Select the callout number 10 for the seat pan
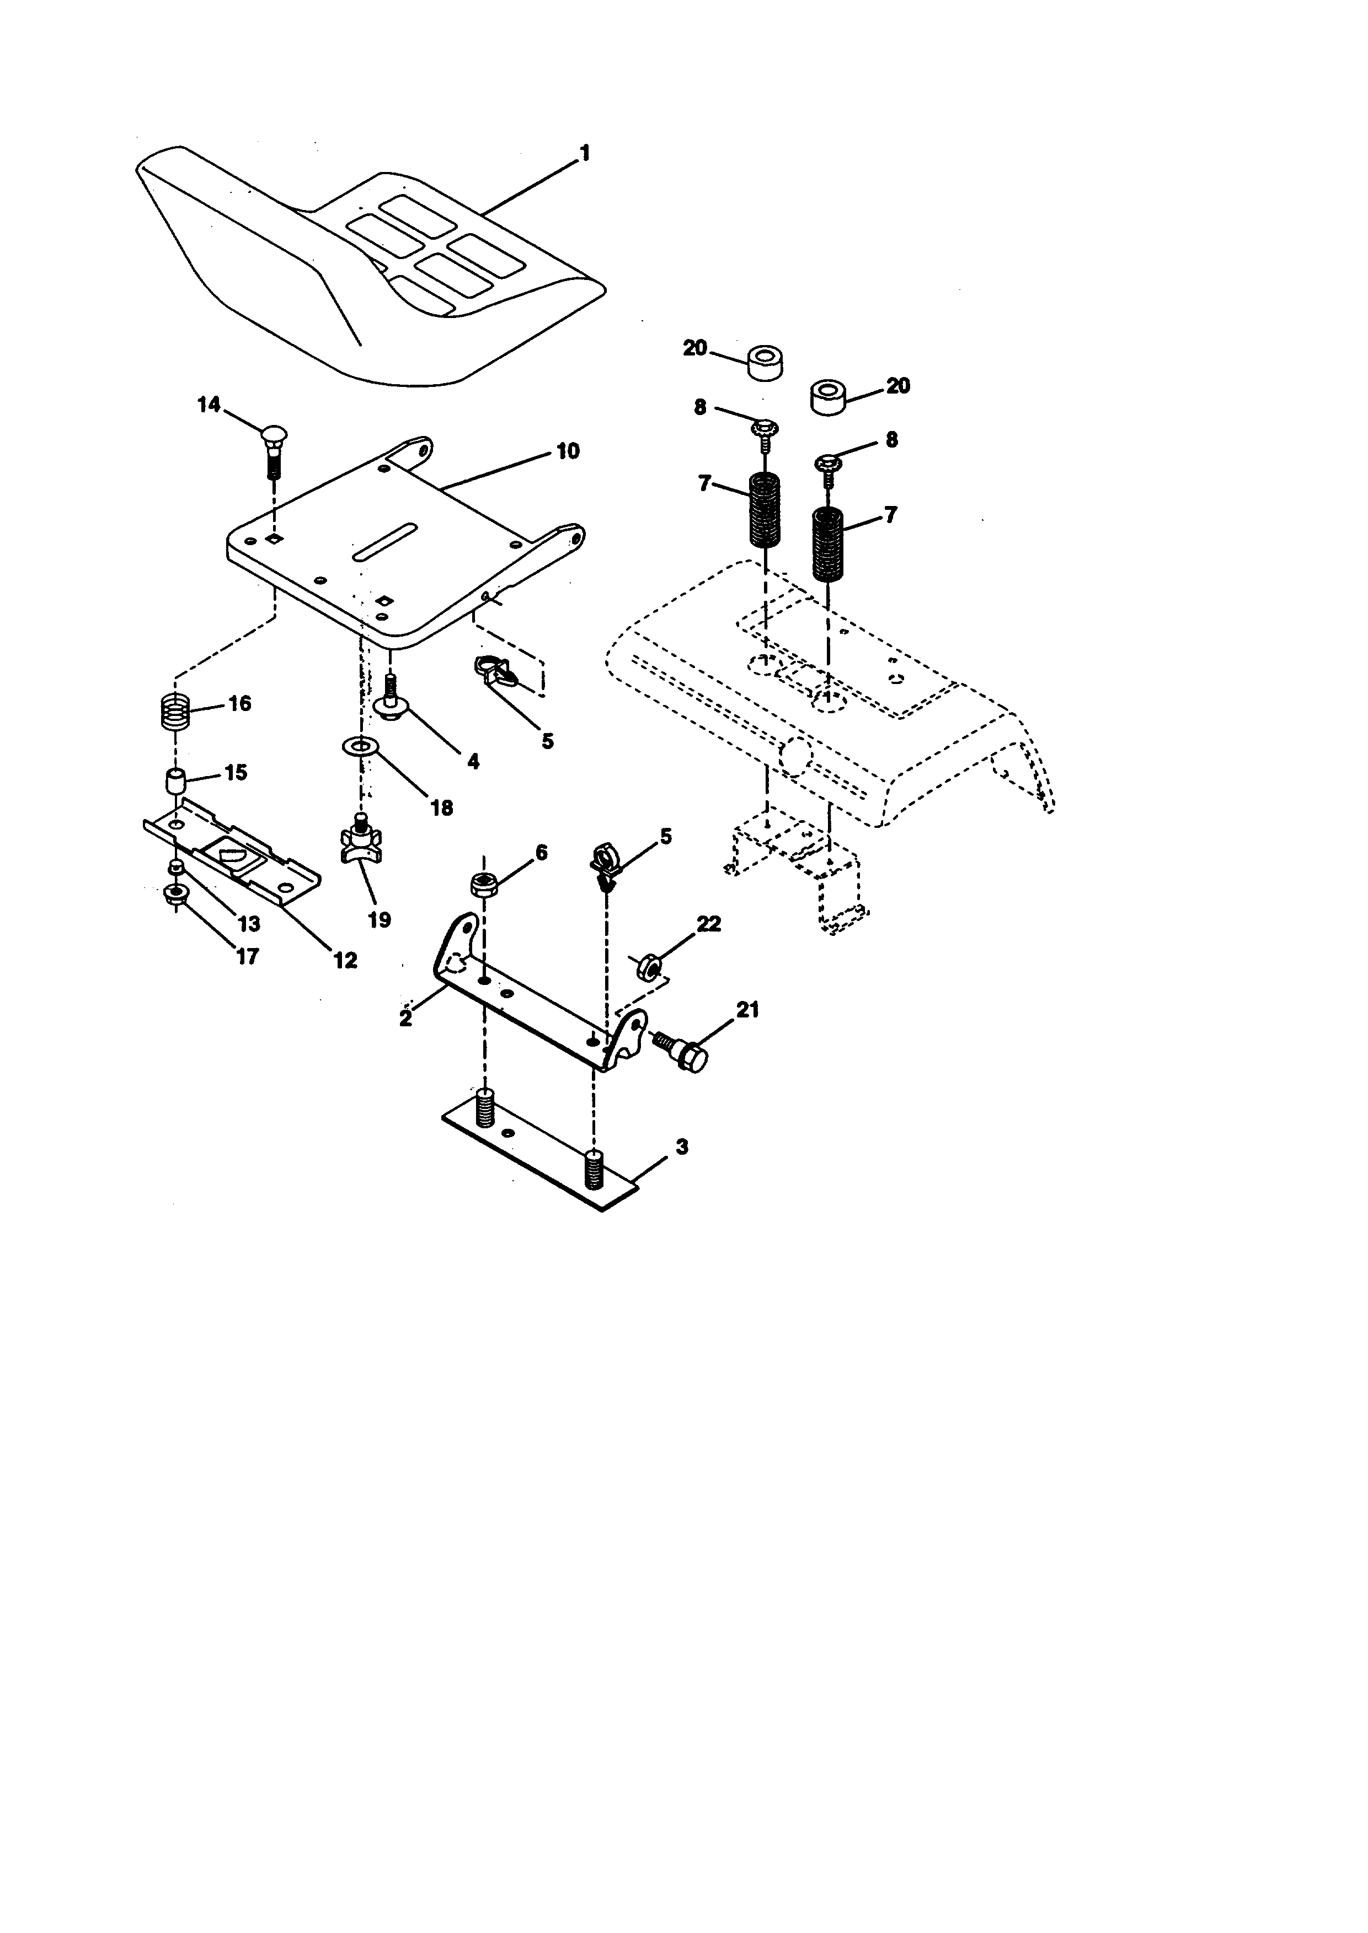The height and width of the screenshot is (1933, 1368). pos(568,451)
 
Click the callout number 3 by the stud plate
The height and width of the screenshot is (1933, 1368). pos(681,1146)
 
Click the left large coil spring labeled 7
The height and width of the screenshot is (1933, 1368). pos(764,511)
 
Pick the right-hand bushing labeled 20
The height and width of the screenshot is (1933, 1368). pos(827,396)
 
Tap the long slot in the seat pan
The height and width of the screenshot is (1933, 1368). pos(385,541)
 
